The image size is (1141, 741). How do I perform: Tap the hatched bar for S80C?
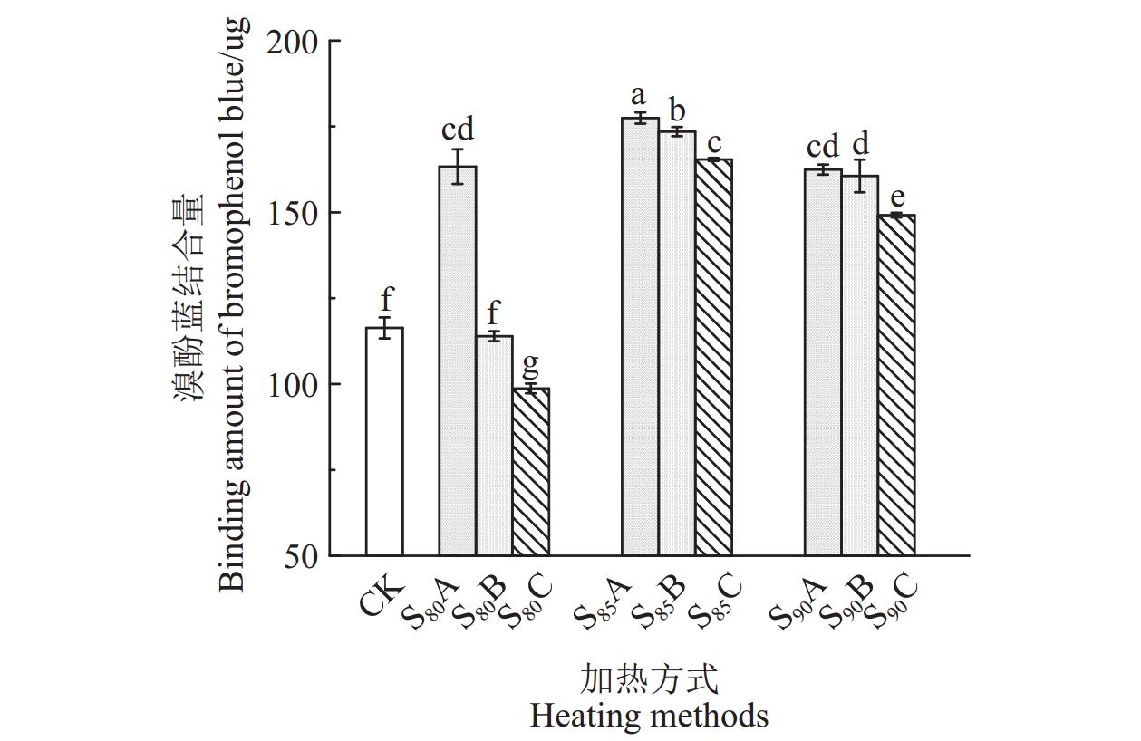(531, 471)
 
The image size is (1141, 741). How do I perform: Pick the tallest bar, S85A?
(640, 336)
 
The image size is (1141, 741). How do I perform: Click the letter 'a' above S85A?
(639, 96)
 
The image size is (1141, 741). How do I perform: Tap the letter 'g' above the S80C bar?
(531, 365)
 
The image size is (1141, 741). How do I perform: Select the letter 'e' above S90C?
(896, 197)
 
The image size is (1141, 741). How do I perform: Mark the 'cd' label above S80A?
(458, 129)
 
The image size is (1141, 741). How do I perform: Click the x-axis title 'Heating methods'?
(649, 716)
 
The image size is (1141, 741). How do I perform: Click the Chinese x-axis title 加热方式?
(649, 678)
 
